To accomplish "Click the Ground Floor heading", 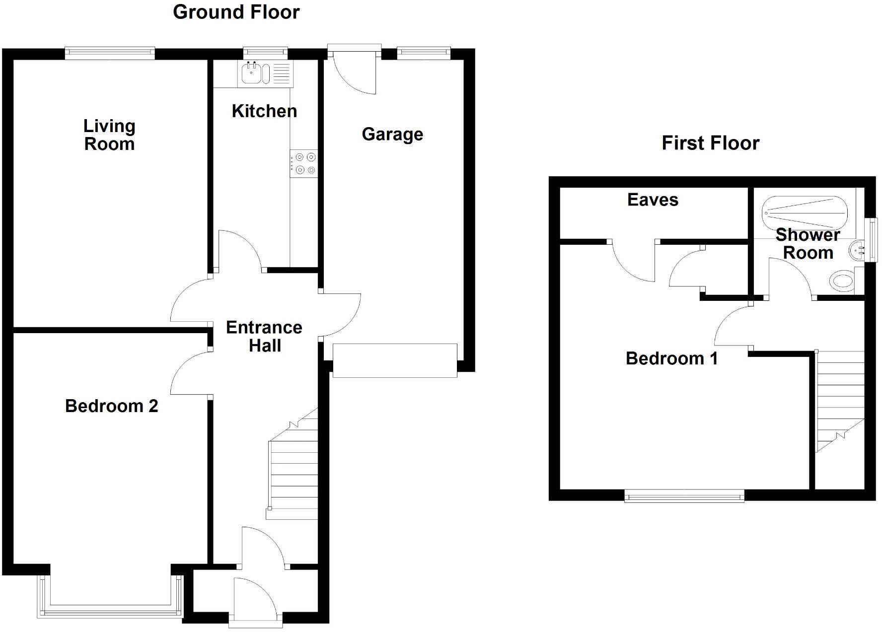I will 236,12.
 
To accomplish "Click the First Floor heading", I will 710,143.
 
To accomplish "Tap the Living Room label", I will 109,135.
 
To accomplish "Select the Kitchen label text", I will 264,111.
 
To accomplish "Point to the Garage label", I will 392,134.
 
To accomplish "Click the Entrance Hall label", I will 264,337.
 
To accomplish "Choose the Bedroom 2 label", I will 111,406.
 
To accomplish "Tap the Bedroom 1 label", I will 671,358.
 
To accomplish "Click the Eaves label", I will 653,200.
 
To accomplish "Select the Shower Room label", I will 808,244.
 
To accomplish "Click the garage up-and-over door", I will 395,360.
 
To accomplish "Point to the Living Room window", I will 110,53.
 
